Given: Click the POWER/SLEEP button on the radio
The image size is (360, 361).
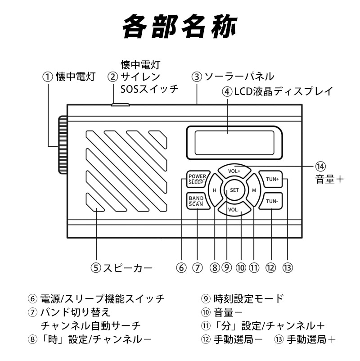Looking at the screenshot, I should coord(197,179).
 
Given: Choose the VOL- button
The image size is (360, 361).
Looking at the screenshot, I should coord(233,209).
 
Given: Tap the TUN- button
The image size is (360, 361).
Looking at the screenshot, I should coord(272,201).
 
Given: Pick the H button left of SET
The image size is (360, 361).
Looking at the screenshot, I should coord(215,190).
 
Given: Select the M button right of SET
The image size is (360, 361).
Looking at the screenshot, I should coord(254,190).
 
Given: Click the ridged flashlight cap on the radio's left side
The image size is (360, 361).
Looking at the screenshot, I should coord(62,144).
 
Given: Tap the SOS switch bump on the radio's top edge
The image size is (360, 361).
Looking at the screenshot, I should coord(120,105).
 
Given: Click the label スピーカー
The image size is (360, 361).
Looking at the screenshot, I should coord(128,268).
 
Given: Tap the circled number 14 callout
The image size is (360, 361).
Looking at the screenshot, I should coord(320,167).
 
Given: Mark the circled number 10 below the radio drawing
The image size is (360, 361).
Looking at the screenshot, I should coord(241,268).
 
